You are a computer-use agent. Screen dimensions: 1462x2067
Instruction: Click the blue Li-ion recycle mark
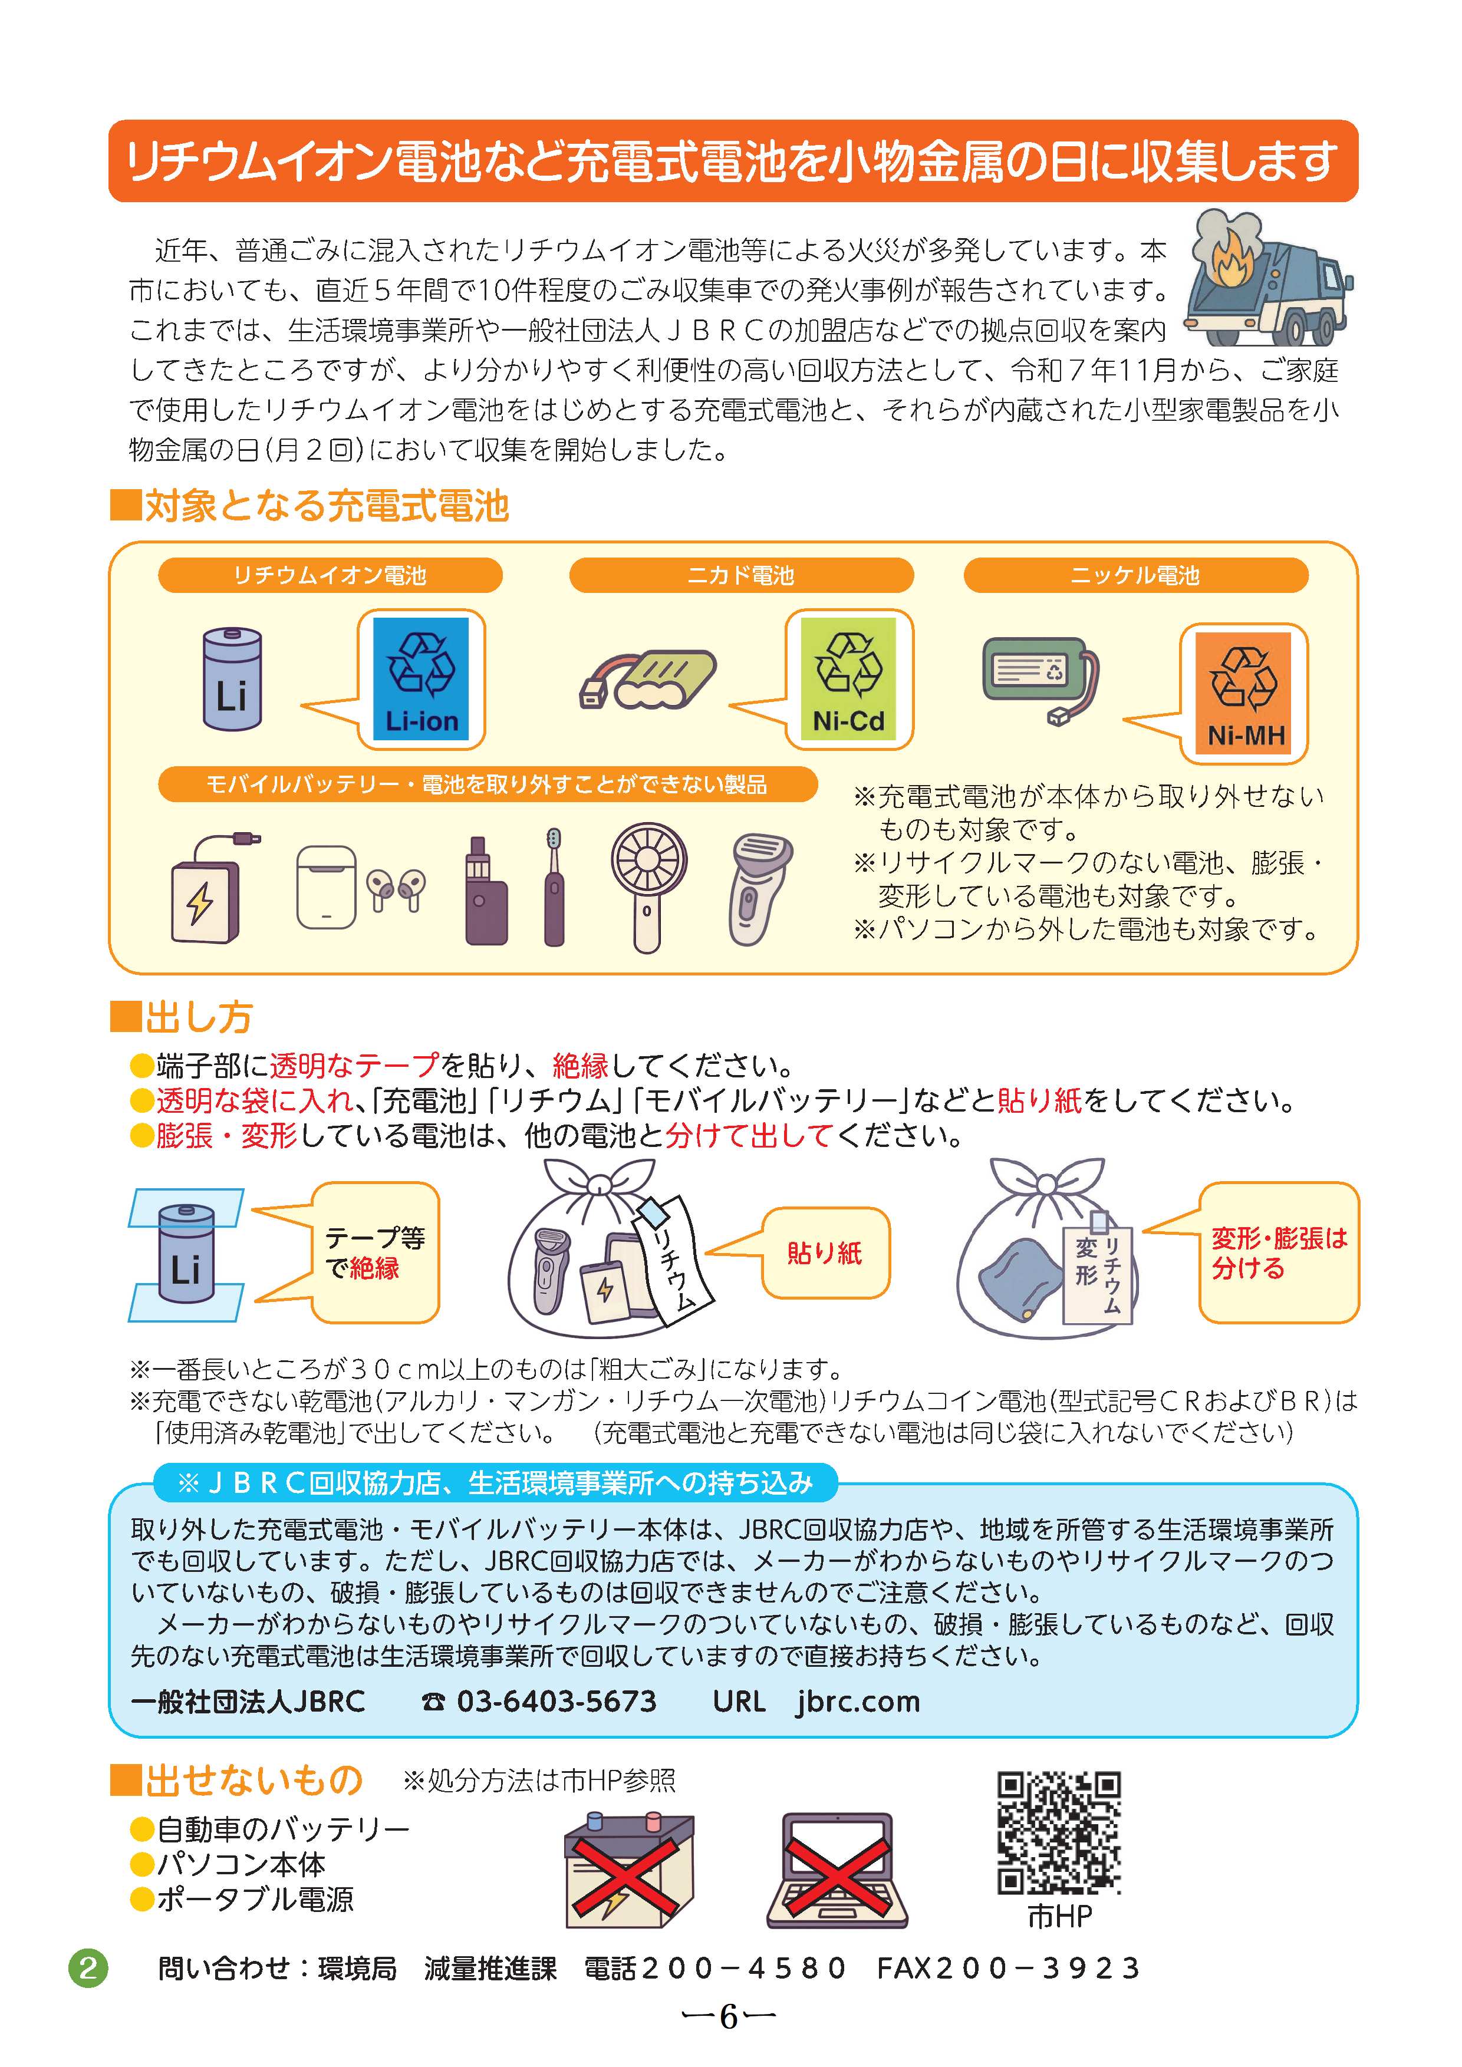[422, 679]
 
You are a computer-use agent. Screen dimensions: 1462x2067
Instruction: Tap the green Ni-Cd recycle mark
[848, 679]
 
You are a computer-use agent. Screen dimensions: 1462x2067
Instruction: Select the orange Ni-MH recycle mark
[1243, 693]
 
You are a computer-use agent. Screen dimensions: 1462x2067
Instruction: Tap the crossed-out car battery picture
[628, 1870]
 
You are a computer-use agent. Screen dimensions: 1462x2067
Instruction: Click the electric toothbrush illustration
[554, 887]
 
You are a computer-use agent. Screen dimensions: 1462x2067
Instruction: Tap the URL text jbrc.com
[858, 1702]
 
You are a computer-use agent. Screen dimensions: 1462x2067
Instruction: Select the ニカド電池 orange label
[741, 575]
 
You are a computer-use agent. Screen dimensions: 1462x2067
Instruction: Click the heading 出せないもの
[254, 1780]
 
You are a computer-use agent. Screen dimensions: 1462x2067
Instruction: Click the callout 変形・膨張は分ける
[1278, 1253]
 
